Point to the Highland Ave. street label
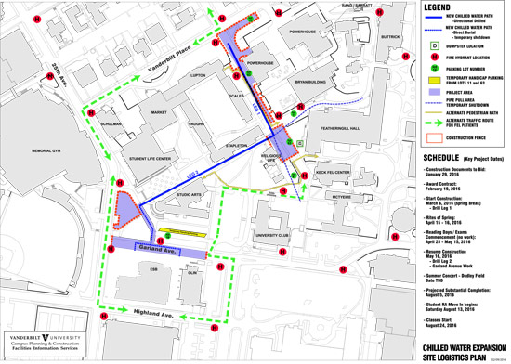coord(154,314)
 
